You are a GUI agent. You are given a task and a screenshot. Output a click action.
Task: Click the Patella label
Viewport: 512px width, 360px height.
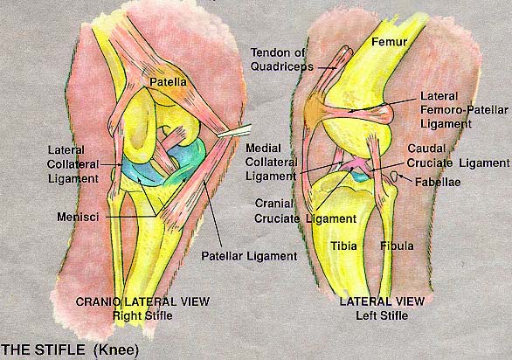click(168, 81)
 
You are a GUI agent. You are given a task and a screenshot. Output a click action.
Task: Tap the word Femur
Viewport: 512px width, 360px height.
click(389, 41)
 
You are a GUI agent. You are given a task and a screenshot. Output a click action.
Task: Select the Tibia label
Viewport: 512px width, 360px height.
click(343, 246)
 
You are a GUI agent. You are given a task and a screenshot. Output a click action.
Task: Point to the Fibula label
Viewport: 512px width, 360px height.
click(397, 246)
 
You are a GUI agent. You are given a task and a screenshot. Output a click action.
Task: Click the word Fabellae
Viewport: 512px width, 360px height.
click(438, 182)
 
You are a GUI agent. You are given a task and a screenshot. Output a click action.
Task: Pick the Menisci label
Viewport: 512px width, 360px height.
click(78, 217)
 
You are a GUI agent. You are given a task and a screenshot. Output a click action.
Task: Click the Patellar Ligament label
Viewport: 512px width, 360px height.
click(249, 256)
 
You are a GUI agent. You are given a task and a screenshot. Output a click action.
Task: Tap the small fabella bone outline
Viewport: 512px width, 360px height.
click(394, 177)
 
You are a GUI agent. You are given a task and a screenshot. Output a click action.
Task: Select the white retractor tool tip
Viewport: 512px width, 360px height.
click(234, 131)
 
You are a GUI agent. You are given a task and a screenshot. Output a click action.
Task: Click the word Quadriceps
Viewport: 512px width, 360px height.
click(282, 66)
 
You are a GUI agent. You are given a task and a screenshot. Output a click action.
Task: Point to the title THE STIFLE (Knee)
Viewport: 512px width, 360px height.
click(70, 350)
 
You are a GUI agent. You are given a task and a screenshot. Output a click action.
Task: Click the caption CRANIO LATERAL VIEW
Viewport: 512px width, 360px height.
click(142, 301)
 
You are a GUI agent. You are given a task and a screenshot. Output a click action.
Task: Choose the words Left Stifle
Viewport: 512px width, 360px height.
click(382, 315)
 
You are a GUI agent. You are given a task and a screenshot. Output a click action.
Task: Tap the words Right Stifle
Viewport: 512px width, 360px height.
click(142, 316)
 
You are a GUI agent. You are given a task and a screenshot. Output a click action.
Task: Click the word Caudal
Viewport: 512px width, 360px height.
click(426, 149)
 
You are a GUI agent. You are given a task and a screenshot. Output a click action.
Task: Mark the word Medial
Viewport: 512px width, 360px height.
click(263, 148)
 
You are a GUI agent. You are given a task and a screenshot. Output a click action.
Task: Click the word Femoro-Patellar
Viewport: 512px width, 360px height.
click(464, 110)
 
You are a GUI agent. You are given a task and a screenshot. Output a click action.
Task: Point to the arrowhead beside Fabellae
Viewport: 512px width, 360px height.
click(401, 177)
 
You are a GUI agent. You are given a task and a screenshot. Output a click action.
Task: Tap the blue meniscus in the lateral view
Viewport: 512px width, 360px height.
click(360, 177)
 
